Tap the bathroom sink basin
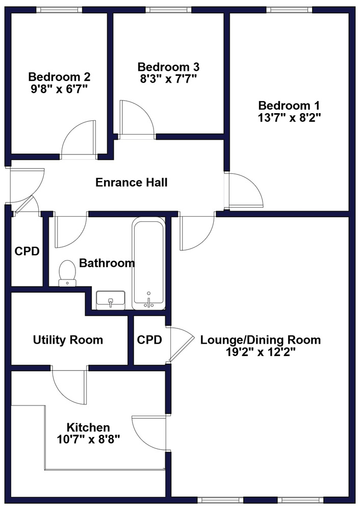[111, 300]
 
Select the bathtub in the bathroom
[148, 264]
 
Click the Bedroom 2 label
[59, 77]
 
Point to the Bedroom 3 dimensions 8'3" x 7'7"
[168, 79]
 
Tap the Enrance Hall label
[132, 182]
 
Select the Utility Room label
[68, 340]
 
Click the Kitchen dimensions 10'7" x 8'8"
[88, 440]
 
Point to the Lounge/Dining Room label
[260, 340]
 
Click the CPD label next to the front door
[27, 251]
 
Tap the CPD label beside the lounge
[149, 340]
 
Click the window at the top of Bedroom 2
[57, 10]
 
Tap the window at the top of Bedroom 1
[290, 10]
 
